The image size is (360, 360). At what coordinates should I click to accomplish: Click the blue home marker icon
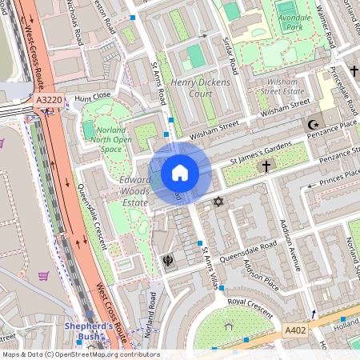180,172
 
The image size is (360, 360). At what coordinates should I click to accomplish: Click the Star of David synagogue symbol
218,201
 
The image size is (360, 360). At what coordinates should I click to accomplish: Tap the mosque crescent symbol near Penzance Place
314,125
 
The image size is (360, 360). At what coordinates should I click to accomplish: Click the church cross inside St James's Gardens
266,166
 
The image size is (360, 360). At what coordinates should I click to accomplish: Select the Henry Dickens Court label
200,88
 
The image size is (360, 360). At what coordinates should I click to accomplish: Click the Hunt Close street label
92,97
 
